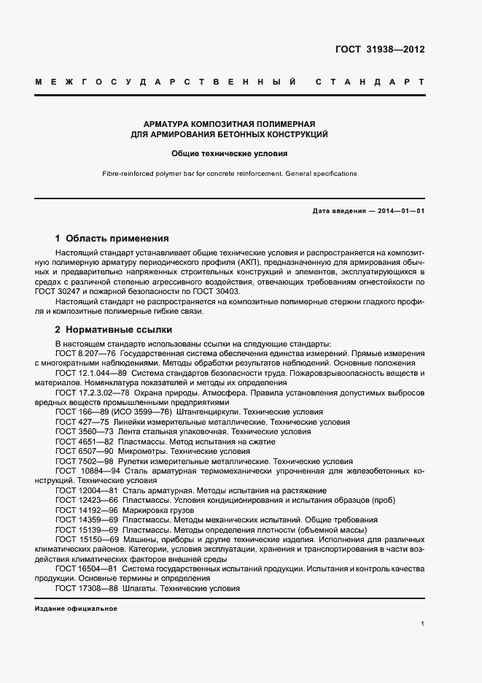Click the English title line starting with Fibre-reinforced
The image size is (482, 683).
[229, 174]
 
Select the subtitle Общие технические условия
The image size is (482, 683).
[229, 154]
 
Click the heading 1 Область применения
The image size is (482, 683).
[112, 238]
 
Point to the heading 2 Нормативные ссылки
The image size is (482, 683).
[113, 329]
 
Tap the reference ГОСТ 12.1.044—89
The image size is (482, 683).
[89, 373]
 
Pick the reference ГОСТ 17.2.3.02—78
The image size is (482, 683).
[91, 393]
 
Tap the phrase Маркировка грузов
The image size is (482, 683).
[152, 511]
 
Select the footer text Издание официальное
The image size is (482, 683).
[76, 608]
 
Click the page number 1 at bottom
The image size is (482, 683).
[422, 624]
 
